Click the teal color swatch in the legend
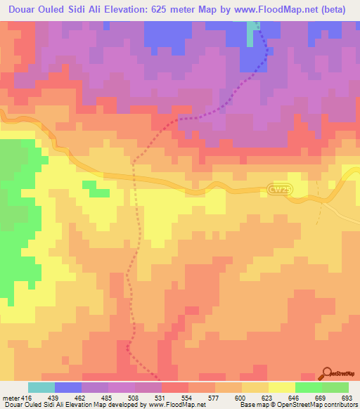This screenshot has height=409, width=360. (x=41, y=387)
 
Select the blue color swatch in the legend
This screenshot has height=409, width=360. (x=68, y=387)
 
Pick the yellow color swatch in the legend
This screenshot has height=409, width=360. (x=281, y=387)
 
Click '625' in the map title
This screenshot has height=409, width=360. (x=176, y=10)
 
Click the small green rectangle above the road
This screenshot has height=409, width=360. (x=89, y=185)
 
